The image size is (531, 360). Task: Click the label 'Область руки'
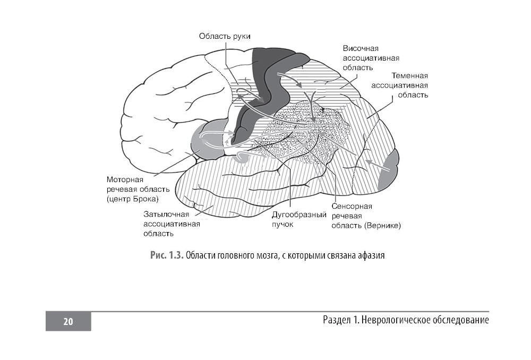click(224, 36)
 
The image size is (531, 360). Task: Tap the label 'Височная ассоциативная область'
click(371, 58)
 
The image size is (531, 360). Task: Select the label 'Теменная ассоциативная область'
click(399, 85)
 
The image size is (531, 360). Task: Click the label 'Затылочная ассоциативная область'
click(172, 224)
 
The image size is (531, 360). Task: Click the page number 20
click(68, 321)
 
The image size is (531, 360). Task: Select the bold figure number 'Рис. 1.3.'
click(167, 255)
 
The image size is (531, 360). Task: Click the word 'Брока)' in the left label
click(147, 199)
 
